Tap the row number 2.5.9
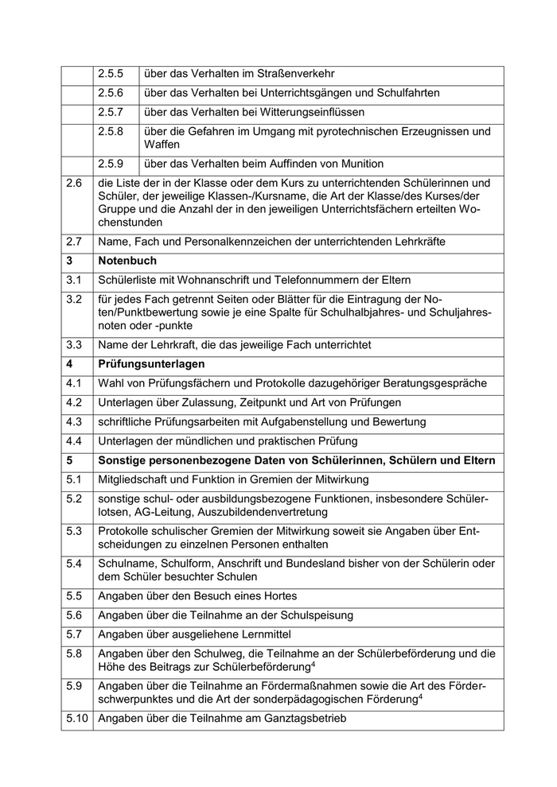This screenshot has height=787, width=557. pos(111,165)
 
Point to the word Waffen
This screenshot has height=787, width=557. pos(162,145)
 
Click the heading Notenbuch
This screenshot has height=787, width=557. pos(127,260)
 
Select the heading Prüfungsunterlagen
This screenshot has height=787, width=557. pos(152,364)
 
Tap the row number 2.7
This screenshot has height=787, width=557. pos(74,240)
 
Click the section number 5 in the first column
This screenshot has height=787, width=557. pos(70,460)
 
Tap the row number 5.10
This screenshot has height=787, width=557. pos(77,720)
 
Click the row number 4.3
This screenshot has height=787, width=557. pos(74,421)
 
